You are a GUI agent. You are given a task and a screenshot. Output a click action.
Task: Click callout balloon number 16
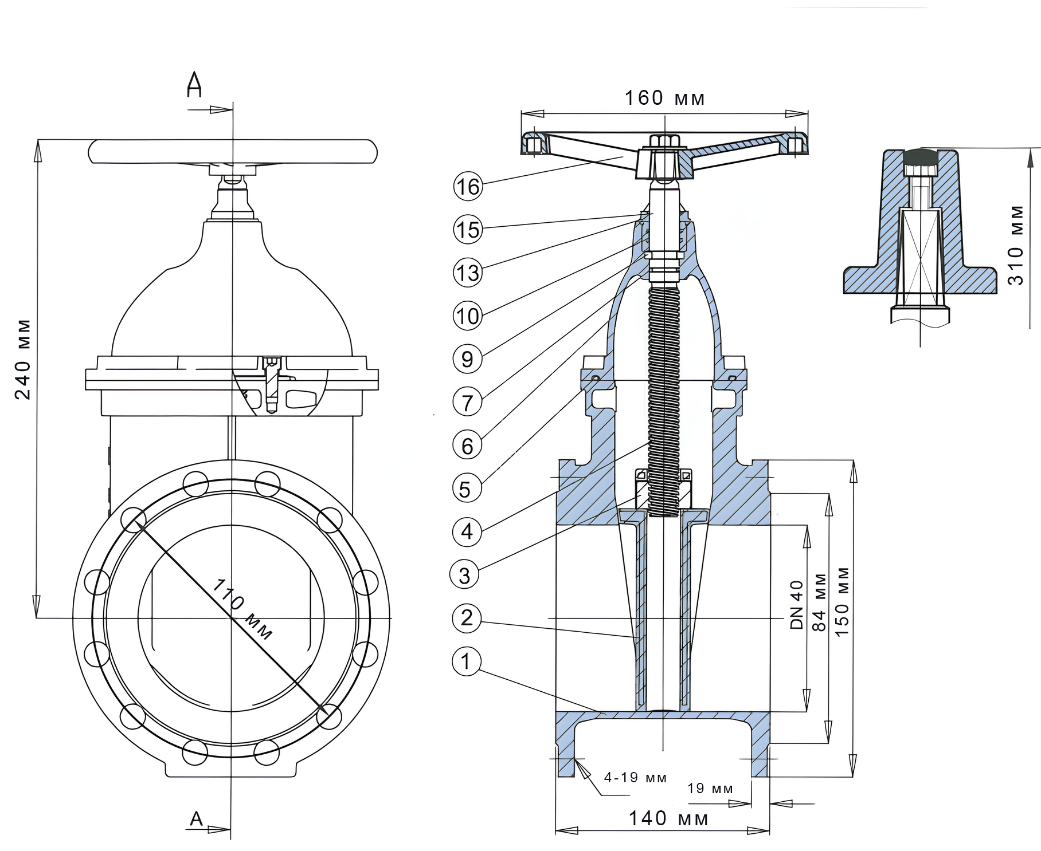(468, 186)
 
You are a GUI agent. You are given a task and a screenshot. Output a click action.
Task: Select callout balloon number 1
(466, 662)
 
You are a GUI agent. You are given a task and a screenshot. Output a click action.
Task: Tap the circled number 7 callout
(467, 403)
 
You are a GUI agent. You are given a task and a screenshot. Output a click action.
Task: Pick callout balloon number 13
(467, 273)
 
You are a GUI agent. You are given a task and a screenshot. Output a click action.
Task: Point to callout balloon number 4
(467, 532)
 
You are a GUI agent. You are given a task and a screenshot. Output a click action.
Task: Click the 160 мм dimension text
(664, 99)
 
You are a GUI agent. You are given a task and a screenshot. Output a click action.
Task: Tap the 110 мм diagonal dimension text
(242, 609)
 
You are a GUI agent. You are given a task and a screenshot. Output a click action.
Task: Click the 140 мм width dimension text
(668, 818)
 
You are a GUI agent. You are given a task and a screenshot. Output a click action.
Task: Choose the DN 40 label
(797, 605)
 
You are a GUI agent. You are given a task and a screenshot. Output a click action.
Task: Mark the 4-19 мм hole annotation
(635, 778)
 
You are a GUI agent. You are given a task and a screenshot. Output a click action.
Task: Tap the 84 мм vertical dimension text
(820, 602)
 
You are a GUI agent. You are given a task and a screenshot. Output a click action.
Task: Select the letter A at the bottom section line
(196, 819)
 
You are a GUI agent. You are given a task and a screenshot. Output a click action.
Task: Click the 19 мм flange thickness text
(710, 789)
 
